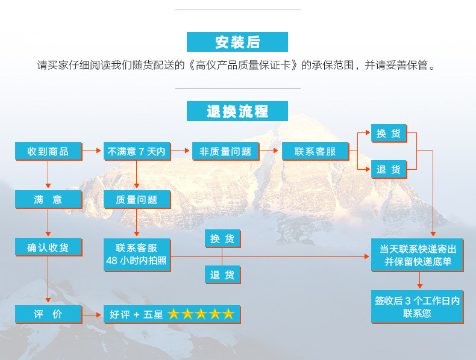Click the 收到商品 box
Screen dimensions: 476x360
(x=48, y=151)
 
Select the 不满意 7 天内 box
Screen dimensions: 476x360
(x=136, y=151)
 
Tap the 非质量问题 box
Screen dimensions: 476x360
(x=225, y=151)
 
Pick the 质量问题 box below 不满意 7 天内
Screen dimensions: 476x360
(x=136, y=199)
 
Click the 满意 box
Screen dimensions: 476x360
(x=48, y=199)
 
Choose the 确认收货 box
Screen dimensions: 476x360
(x=48, y=247)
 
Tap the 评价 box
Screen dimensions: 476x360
(x=48, y=314)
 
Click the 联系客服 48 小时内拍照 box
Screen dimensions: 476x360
(x=136, y=254)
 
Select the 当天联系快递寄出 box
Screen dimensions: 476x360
(x=417, y=255)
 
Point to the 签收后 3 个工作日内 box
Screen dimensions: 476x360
(x=417, y=306)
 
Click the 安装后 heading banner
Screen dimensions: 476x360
(x=237, y=42)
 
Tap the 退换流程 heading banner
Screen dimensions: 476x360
(x=237, y=111)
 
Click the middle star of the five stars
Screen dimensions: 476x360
(x=201, y=314)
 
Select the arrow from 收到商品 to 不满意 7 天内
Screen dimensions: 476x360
(x=92, y=151)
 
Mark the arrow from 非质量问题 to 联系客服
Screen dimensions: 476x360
(x=271, y=151)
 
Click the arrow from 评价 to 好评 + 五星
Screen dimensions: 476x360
(x=92, y=314)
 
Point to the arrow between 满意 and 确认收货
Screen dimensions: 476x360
(x=48, y=223)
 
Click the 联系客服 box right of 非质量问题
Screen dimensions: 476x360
(x=315, y=151)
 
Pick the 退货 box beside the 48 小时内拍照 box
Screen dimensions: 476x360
(x=222, y=275)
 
